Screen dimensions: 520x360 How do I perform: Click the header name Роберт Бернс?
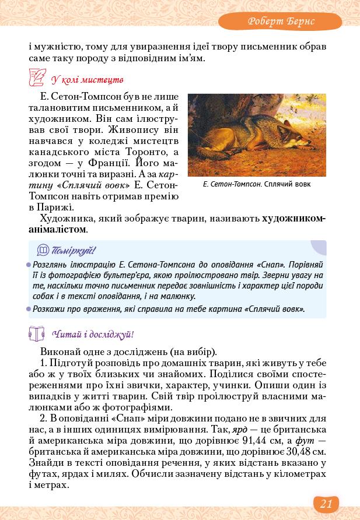click(x=281, y=21)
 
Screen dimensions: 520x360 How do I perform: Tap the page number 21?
click(x=326, y=504)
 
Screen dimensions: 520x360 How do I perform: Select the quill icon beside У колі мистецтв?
click(x=37, y=78)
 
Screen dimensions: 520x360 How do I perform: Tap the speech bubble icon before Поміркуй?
click(x=43, y=251)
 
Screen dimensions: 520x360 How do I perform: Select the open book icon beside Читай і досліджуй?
click(x=37, y=334)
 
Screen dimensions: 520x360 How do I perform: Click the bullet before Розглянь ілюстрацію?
click(x=29, y=264)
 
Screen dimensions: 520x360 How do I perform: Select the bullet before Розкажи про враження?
click(x=29, y=308)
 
